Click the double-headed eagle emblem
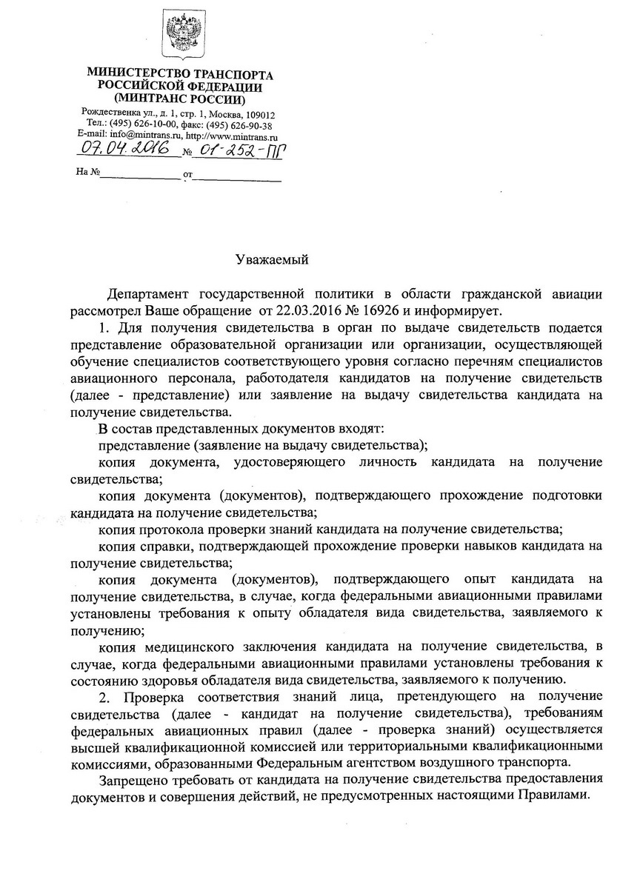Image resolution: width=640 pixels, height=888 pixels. (x=180, y=35)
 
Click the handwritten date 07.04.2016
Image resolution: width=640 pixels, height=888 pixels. (x=128, y=150)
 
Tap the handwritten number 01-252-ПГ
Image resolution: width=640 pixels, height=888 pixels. (x=239, y=151)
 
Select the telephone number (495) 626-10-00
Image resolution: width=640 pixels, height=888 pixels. (x=141, y=125)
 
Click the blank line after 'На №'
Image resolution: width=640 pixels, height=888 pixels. (x=139, y=178)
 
